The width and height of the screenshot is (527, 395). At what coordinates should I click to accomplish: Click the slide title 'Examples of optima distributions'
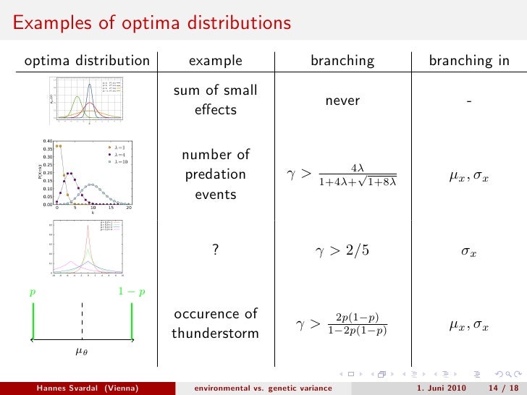151,23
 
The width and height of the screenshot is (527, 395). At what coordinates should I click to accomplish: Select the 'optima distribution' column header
87,61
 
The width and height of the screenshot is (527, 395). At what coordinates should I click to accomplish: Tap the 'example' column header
215,61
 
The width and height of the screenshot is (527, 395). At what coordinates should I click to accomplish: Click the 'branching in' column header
469,61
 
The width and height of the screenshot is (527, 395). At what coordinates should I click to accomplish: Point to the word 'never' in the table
342,101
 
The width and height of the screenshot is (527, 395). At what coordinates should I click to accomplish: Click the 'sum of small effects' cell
215,101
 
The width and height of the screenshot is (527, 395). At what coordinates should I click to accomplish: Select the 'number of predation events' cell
215,174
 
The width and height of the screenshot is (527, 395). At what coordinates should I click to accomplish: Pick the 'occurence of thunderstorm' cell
215,323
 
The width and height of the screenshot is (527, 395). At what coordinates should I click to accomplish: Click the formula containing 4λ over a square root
342,176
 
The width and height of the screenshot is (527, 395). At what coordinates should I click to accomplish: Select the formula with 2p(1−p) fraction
342,324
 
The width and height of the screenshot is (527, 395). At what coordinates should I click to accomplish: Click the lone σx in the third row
469,253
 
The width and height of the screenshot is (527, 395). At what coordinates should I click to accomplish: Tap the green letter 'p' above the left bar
32,293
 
